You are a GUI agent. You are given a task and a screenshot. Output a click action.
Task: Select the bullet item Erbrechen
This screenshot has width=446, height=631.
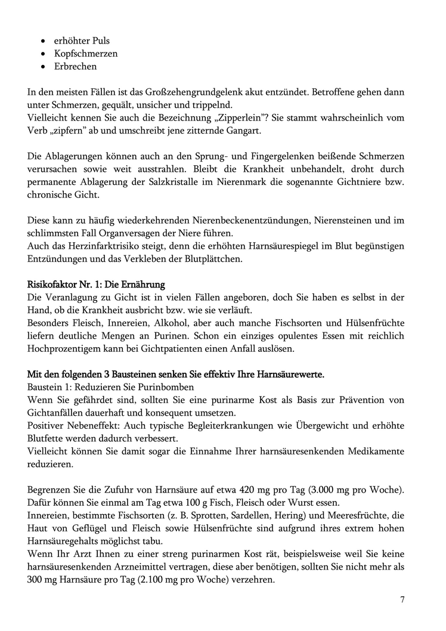pos(75,67)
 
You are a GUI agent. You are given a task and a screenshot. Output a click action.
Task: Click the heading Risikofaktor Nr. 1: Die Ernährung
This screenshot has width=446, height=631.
pos(96,283)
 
